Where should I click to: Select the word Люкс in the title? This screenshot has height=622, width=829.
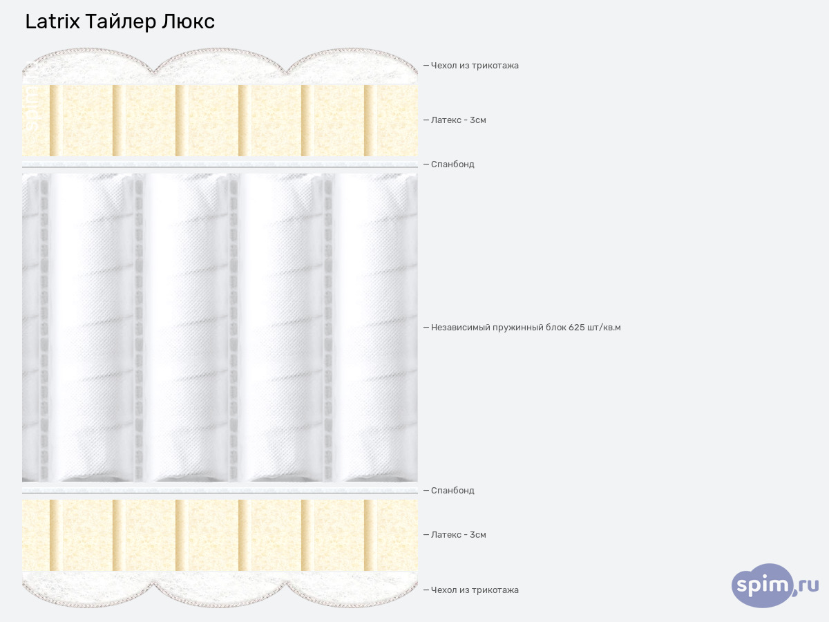click(x=188, y=22)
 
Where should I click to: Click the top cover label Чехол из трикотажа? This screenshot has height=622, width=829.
click(x=475, y=66)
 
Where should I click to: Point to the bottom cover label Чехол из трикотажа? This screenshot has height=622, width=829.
click(x=475, y=590)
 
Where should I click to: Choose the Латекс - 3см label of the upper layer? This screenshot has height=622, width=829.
click(x=458, y=120)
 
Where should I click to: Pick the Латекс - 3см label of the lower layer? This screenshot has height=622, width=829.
click(x=458, y=535)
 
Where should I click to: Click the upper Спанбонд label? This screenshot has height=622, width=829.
click(x=452, y=164)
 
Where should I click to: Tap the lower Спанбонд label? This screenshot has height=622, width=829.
click(x=452, y=491)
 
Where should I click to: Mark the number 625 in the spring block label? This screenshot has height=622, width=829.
click(x=578, y=328)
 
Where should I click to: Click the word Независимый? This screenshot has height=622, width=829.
click(x=461, y=328)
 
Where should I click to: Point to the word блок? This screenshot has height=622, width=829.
click(x=556, y=328)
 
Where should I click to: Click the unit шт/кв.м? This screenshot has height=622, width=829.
click(x=604, y=328)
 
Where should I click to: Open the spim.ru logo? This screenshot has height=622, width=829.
click(x=775, y=586)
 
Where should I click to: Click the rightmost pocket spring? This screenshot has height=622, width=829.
click(x=377, y=325)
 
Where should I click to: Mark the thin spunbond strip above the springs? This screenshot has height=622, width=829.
click(x=220, y=164)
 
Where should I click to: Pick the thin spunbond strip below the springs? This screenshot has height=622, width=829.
click(x=220, y=491)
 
